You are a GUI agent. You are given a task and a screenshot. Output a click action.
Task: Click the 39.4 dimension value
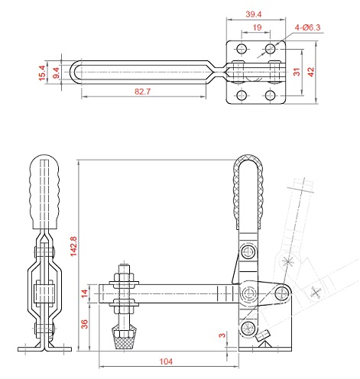[x=254, y=14]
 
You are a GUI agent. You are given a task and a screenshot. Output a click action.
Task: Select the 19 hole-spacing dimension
[x=257, y=28]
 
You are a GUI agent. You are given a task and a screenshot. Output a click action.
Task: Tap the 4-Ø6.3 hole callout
[x=307, y=28]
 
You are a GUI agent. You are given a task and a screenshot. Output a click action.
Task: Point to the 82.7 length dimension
[x=143, y=92]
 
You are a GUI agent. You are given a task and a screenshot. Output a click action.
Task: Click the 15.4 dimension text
[x=42, y=73]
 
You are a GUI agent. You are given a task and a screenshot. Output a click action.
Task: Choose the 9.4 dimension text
[x=56, y=73]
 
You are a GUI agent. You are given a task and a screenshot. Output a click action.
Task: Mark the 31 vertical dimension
[x=297, y=72]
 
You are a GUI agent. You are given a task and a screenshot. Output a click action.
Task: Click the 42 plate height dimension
[x=310, y=72]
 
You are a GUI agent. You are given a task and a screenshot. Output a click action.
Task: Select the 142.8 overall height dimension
[x=73, y=246]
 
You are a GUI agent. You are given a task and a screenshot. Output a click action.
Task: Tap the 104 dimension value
[x=166, y=361]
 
